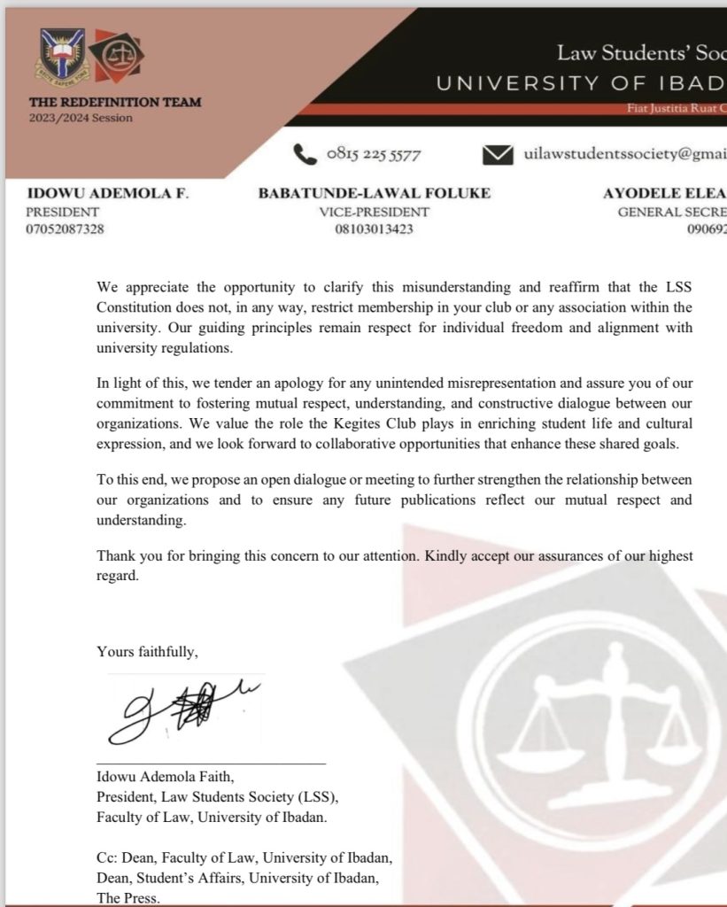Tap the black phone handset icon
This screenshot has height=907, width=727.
[x=305, y=154]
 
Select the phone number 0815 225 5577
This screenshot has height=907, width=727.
[x=373, y=155]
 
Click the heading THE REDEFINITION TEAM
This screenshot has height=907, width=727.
[x=115, y=102]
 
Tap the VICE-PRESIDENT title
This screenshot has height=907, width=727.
[x=375, y=213]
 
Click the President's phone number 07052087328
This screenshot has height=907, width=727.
[x=66, y=230]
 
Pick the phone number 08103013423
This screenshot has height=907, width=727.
[x=375, y=230]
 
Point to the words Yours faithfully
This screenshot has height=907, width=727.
[x=148, y=652]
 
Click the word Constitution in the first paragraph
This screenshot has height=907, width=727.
[x=133, y=306]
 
